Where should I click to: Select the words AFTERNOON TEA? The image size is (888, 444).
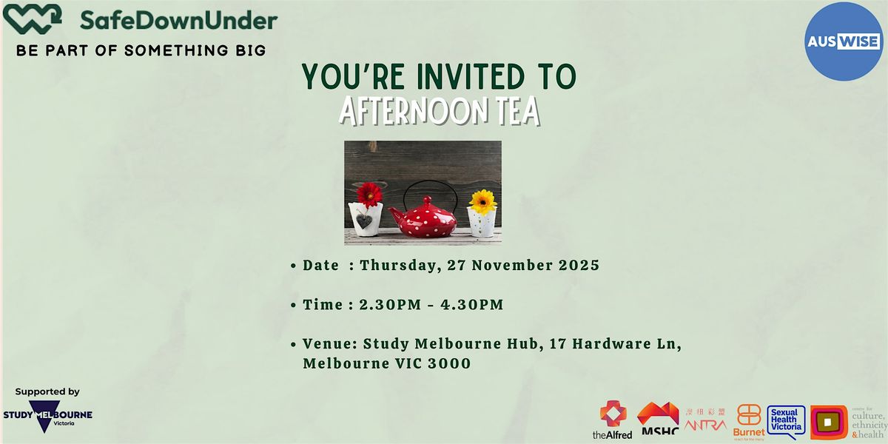click(440, 111)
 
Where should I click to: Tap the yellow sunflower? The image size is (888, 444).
click(482, 201)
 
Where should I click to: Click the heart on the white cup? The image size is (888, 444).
click(364, 221)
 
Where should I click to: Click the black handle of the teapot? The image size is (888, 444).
click(423, 189)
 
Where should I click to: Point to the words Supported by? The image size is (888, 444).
click(47, 392)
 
